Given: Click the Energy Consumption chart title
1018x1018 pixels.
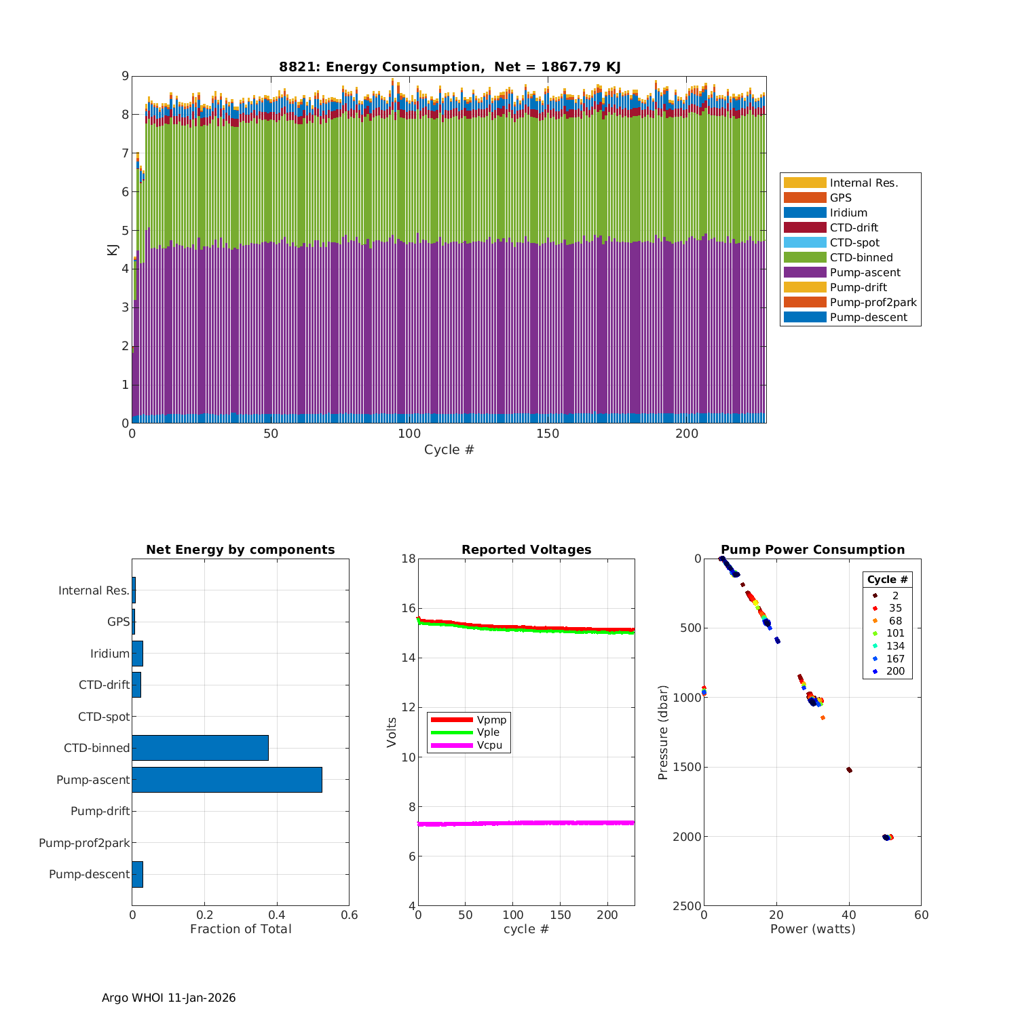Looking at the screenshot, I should coord(449,67).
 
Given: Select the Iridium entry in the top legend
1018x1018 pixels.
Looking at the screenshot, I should coord(848,212).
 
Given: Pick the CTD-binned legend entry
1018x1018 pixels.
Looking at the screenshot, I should coord(861,257).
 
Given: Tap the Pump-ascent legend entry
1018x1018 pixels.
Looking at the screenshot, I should coord(865,272).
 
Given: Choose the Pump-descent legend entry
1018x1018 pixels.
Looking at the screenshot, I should coord(868,317).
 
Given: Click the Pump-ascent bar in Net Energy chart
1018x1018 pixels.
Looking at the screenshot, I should coord(227,780).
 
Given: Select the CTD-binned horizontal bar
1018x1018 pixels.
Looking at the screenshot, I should coord(200,748).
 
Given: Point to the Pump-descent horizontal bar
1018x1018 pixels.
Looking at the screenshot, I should coord(137,874).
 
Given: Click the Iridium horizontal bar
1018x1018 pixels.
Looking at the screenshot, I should coord(137,654).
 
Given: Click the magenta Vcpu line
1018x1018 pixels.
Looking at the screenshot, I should coord(526,823).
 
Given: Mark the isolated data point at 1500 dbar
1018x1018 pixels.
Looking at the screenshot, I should coord(849,770).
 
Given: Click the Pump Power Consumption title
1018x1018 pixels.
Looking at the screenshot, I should coord(812,550).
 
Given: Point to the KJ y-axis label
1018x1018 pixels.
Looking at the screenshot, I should coord(112,250).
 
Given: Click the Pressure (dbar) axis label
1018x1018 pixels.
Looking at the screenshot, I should coord(663,732).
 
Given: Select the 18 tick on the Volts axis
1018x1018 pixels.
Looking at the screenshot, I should coord(408,559).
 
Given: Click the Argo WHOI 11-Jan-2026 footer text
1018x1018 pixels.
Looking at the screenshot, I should coord(169,998).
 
